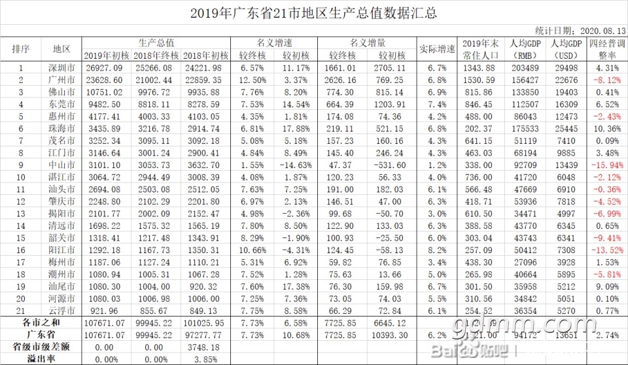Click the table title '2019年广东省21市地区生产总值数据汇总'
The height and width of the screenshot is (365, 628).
313,13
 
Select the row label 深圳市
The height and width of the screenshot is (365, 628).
61,67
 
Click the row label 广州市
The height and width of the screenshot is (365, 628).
61,80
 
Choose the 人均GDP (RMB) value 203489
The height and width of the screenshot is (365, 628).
525,67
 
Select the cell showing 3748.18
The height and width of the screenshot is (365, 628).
205,347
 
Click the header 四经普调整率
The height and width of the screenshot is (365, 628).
608,49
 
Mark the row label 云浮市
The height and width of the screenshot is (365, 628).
61,310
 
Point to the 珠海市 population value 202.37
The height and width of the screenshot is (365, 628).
481,128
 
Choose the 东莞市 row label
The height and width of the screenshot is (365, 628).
61,104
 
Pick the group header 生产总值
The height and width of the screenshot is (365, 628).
156,43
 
